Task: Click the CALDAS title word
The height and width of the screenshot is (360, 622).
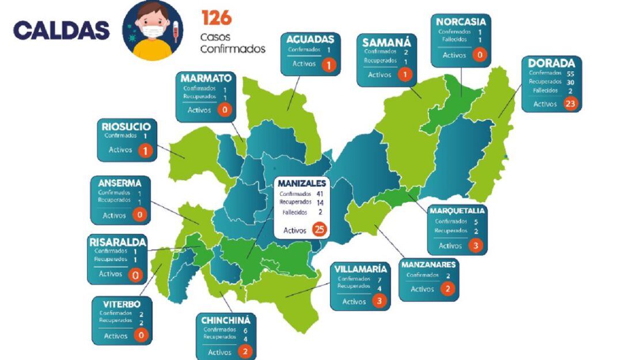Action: pos(61,30)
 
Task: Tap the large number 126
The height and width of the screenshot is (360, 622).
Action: pos(216,18)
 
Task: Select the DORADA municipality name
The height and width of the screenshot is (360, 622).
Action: pos(551,63)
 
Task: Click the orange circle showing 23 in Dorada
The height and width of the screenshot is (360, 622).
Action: pos(571,104)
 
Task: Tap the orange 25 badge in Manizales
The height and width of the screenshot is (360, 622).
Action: pos(319,230)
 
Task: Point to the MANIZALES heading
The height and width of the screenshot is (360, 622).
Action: pos(302,183)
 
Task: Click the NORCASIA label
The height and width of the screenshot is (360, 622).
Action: pos(460,22)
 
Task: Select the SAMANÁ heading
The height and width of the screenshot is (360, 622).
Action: pos(386,42)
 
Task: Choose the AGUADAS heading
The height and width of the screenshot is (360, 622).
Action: pos(310,39)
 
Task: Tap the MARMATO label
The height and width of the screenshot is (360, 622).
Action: pos(206,78)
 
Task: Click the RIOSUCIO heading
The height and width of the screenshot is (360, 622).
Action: pos(126,126)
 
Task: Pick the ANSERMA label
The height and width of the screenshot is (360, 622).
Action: pos(120,183)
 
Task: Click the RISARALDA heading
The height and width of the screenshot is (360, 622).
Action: pos(117,241)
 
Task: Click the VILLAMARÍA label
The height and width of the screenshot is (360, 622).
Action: pos(361,268)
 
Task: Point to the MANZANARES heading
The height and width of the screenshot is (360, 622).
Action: pos(429,265)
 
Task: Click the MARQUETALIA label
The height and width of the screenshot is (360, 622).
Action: pos(457,211)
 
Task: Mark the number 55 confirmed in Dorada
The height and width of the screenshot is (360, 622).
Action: pos(571,73)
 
